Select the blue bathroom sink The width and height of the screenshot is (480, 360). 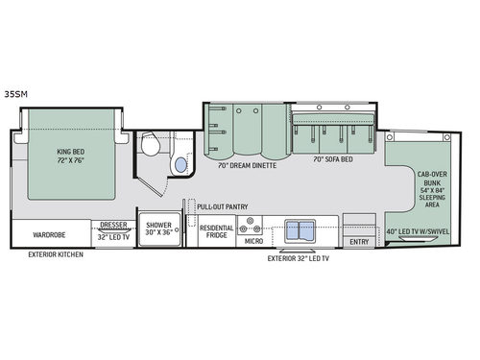coord(179,166)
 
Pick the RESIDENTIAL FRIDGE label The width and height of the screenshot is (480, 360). coord(216,232)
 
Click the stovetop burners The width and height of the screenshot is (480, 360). coord(253,226)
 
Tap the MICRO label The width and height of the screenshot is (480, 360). coord(253,242)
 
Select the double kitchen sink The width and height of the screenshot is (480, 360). coord(300,230)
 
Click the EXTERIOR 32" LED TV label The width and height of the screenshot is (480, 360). coord(299,258)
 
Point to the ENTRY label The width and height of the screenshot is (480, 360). coord(359,242)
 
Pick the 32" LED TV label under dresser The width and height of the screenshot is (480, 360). coord(113,236)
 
